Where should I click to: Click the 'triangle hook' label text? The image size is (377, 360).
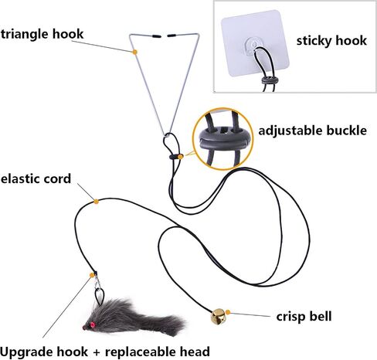coord(42,35)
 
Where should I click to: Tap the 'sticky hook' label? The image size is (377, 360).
coord(331,41)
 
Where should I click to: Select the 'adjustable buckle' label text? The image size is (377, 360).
coord(312,131)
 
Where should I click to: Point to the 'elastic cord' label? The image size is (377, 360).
coord(36,178)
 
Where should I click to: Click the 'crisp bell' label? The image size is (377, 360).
coord(304,317)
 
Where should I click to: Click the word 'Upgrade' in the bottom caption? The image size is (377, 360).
coord(44,352)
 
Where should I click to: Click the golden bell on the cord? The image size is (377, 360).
coord(218,317)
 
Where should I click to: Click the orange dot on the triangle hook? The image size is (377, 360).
coord(134,52)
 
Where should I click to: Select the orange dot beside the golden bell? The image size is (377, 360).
coord(228,312)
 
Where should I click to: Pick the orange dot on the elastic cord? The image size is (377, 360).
coord(96,202)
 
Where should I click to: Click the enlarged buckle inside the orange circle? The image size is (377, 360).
coord(223,140)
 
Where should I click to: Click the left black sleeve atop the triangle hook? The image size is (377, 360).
coord(157,36)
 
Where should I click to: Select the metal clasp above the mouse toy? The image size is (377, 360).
coord(97,281)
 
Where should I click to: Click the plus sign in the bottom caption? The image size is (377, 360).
coord(97,352)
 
